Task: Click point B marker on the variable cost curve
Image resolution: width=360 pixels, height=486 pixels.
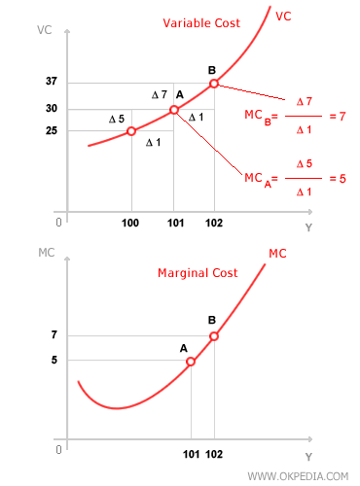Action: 214,84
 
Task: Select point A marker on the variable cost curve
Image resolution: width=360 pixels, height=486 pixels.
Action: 173,110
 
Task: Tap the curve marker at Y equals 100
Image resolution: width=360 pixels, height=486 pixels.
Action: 131,131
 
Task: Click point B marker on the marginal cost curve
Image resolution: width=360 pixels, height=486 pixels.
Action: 214,336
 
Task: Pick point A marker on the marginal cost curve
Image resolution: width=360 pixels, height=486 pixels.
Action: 191,361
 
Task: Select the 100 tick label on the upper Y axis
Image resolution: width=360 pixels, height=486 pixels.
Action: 131,225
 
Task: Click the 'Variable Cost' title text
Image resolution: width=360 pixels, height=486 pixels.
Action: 202,22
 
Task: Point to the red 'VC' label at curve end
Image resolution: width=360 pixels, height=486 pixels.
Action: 284,16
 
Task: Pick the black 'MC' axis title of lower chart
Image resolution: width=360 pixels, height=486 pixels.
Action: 47,254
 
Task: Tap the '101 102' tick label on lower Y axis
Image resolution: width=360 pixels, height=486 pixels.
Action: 203,454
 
